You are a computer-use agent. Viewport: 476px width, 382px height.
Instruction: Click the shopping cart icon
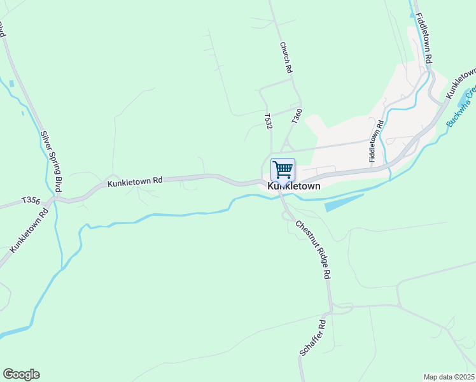[283, 170]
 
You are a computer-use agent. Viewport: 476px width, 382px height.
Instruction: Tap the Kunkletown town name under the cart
[293, 187]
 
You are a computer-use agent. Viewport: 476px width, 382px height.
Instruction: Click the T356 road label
[31, 200]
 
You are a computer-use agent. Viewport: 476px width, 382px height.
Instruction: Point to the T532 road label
[269, 122]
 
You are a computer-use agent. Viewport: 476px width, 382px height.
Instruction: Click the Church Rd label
[285, 57]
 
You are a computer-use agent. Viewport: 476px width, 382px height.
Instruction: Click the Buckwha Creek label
[461, 105]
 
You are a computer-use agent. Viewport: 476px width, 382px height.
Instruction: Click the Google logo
[21, 374]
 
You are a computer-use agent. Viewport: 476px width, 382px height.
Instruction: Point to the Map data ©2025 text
[449, 377]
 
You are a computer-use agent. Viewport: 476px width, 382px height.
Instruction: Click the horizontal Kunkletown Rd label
[135, 182]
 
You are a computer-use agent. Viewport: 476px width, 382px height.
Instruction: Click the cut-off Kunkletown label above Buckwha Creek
[461, 81]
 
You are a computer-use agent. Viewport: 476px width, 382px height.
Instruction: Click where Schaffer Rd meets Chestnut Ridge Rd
[330, 311]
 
